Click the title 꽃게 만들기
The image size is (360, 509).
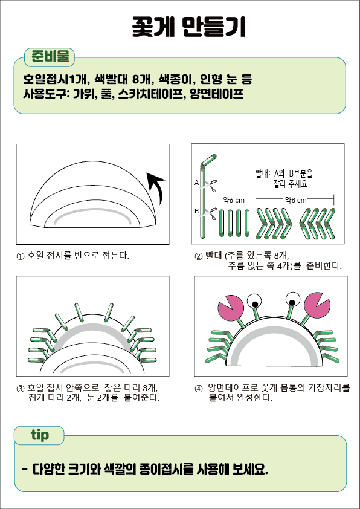[x=188, y=27]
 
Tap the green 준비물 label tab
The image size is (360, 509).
[x=50, y=57]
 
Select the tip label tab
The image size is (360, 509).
[x=39, y=435]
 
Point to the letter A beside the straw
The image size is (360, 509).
[x=196, y=183]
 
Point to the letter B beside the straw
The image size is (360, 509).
[x=196, y=211]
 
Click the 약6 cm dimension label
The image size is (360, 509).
[x=234, y=200]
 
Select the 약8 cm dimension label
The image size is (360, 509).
[x=295, y=200]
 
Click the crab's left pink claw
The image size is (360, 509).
[x=231, y=307]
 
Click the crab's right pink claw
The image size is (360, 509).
[x=317, y=305]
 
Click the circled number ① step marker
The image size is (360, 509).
[x=20, y=256]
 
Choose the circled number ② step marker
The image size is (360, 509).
[x=199, y=256]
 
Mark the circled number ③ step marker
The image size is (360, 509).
[x=20, y=389]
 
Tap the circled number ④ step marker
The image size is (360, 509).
[x=199, y=389]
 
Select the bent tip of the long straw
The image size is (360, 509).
[x=209, y=160]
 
